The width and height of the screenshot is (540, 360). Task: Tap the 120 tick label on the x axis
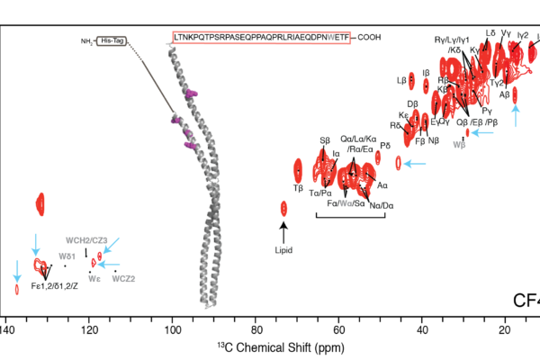(90, 330)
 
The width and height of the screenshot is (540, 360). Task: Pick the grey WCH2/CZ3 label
(86, 240)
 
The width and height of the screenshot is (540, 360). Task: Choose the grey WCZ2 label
(123, 279)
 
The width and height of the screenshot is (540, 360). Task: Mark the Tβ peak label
(298, 188)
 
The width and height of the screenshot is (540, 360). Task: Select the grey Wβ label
(459, 144)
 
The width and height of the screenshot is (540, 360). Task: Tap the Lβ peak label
(401, 80)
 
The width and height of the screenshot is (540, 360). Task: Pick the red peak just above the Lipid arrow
(284, 209)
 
